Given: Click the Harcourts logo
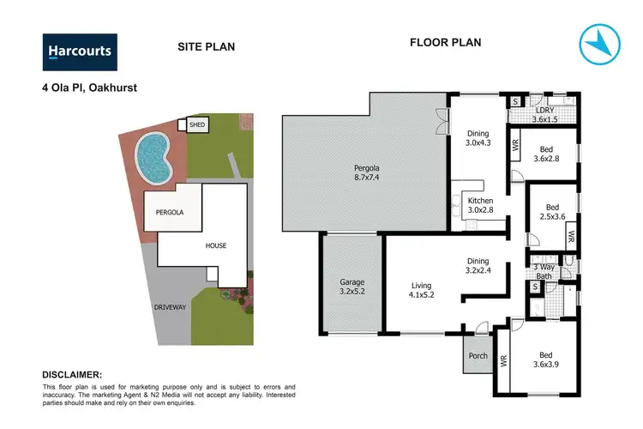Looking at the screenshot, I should [x=79, y=51].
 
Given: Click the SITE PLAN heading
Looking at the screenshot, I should [x=206, y=47].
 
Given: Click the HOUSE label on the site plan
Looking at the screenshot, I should [x=216, y=245].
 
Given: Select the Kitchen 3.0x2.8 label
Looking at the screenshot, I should [x=479, y=204].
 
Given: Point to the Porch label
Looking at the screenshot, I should [x=477, y=356].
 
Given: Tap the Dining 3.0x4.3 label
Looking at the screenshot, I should [x=478, y=139].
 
